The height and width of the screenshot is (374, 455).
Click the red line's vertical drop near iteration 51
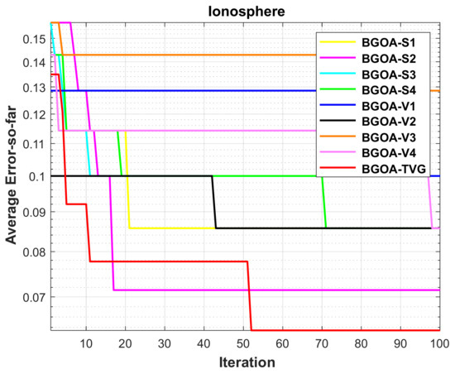click(x=250, y=296)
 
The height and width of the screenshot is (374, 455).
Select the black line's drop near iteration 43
click(x=214, y=202)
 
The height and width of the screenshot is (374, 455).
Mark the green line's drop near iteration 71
click(x=324, y=202)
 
